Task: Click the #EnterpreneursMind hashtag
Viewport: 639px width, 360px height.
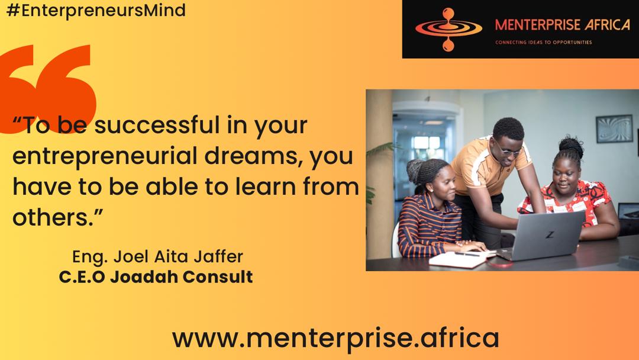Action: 96,10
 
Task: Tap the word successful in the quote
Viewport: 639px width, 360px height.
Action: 156,125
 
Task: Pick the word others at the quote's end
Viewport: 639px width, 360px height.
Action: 50,217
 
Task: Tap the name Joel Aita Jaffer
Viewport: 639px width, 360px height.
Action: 178,257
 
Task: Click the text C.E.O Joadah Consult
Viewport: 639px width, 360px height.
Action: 156,277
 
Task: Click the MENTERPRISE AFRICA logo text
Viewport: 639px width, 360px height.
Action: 563,25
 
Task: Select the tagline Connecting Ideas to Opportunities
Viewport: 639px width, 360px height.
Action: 543,42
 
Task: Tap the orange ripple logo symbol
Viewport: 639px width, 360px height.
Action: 448,30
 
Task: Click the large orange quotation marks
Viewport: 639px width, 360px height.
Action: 48,88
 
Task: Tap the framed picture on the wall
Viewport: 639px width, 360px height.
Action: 614,129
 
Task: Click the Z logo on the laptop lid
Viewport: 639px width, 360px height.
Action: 550,235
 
